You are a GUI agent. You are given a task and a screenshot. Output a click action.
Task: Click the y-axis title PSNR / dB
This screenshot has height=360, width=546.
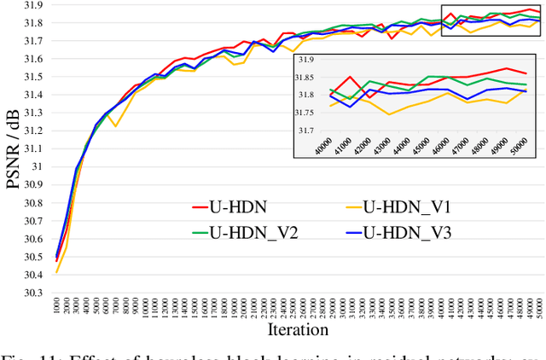pos(15,150)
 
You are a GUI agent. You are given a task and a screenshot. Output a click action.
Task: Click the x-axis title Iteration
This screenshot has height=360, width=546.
pos(297,329)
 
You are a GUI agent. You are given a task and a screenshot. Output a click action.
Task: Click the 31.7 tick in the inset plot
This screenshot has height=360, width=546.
pos(306,131)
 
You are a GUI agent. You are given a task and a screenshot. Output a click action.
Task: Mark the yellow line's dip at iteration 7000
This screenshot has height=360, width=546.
pos(116,126)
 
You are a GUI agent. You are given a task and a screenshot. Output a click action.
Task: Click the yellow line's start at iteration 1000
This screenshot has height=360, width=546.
pos(57,272)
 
